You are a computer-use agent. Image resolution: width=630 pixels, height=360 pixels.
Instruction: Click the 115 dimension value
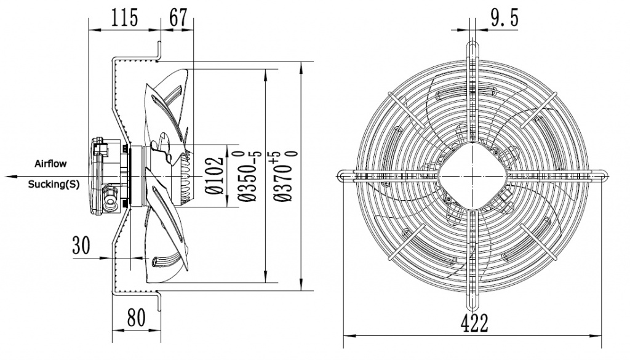(x=124, y=18)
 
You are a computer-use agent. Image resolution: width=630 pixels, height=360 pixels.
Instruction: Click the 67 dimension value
(x=178, y=18)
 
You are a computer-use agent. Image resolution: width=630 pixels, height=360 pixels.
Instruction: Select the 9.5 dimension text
(x=504, y=18)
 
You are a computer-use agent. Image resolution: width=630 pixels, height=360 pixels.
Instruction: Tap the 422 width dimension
(x=472, y=322)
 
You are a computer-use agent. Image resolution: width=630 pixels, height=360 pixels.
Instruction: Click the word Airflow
(x=50, y=164)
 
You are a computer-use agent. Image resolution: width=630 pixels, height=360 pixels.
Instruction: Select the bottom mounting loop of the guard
(x=472, y=303)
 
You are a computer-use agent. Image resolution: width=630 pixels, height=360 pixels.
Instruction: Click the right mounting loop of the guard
(x=600, y=175)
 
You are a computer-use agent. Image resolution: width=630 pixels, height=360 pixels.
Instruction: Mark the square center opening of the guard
(x=472, y=175)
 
